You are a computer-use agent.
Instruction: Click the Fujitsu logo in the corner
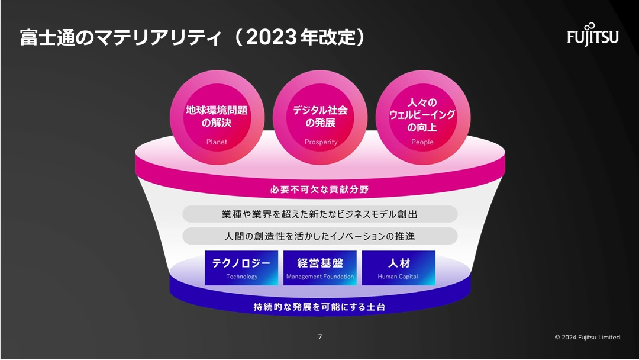click(x=592, y=36)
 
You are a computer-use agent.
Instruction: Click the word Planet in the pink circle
click(x=217, y=142)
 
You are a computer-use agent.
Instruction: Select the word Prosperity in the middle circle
click(x=321, y=142)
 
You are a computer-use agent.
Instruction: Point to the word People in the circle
click(x=422, y=142)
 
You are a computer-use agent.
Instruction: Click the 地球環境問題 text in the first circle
click(x=217, y=111)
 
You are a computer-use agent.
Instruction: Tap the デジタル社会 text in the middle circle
click(x=320, y=111)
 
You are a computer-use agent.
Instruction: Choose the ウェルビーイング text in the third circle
click(x=422, y=114)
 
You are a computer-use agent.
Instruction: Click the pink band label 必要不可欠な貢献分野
click(x=319, y=189)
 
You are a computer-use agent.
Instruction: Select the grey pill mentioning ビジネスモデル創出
click(x=320, y=214)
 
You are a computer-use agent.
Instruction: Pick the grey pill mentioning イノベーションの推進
click(x=320, y=236)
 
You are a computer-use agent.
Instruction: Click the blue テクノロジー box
click(x=241, y=268)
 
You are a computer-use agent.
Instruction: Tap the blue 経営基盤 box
click(x=320, y=268)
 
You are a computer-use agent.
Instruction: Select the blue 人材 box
click(x=399, y=268)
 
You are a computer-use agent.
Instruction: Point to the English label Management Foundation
click(x=320, y=277)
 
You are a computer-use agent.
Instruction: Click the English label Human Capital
click(x=398, y=277)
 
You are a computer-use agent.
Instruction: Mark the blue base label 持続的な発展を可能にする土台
click(x=319, y=307)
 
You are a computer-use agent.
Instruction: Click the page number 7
click(x=320, y=337)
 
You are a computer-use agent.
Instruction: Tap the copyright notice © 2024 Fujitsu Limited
click(x=588, y=337)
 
